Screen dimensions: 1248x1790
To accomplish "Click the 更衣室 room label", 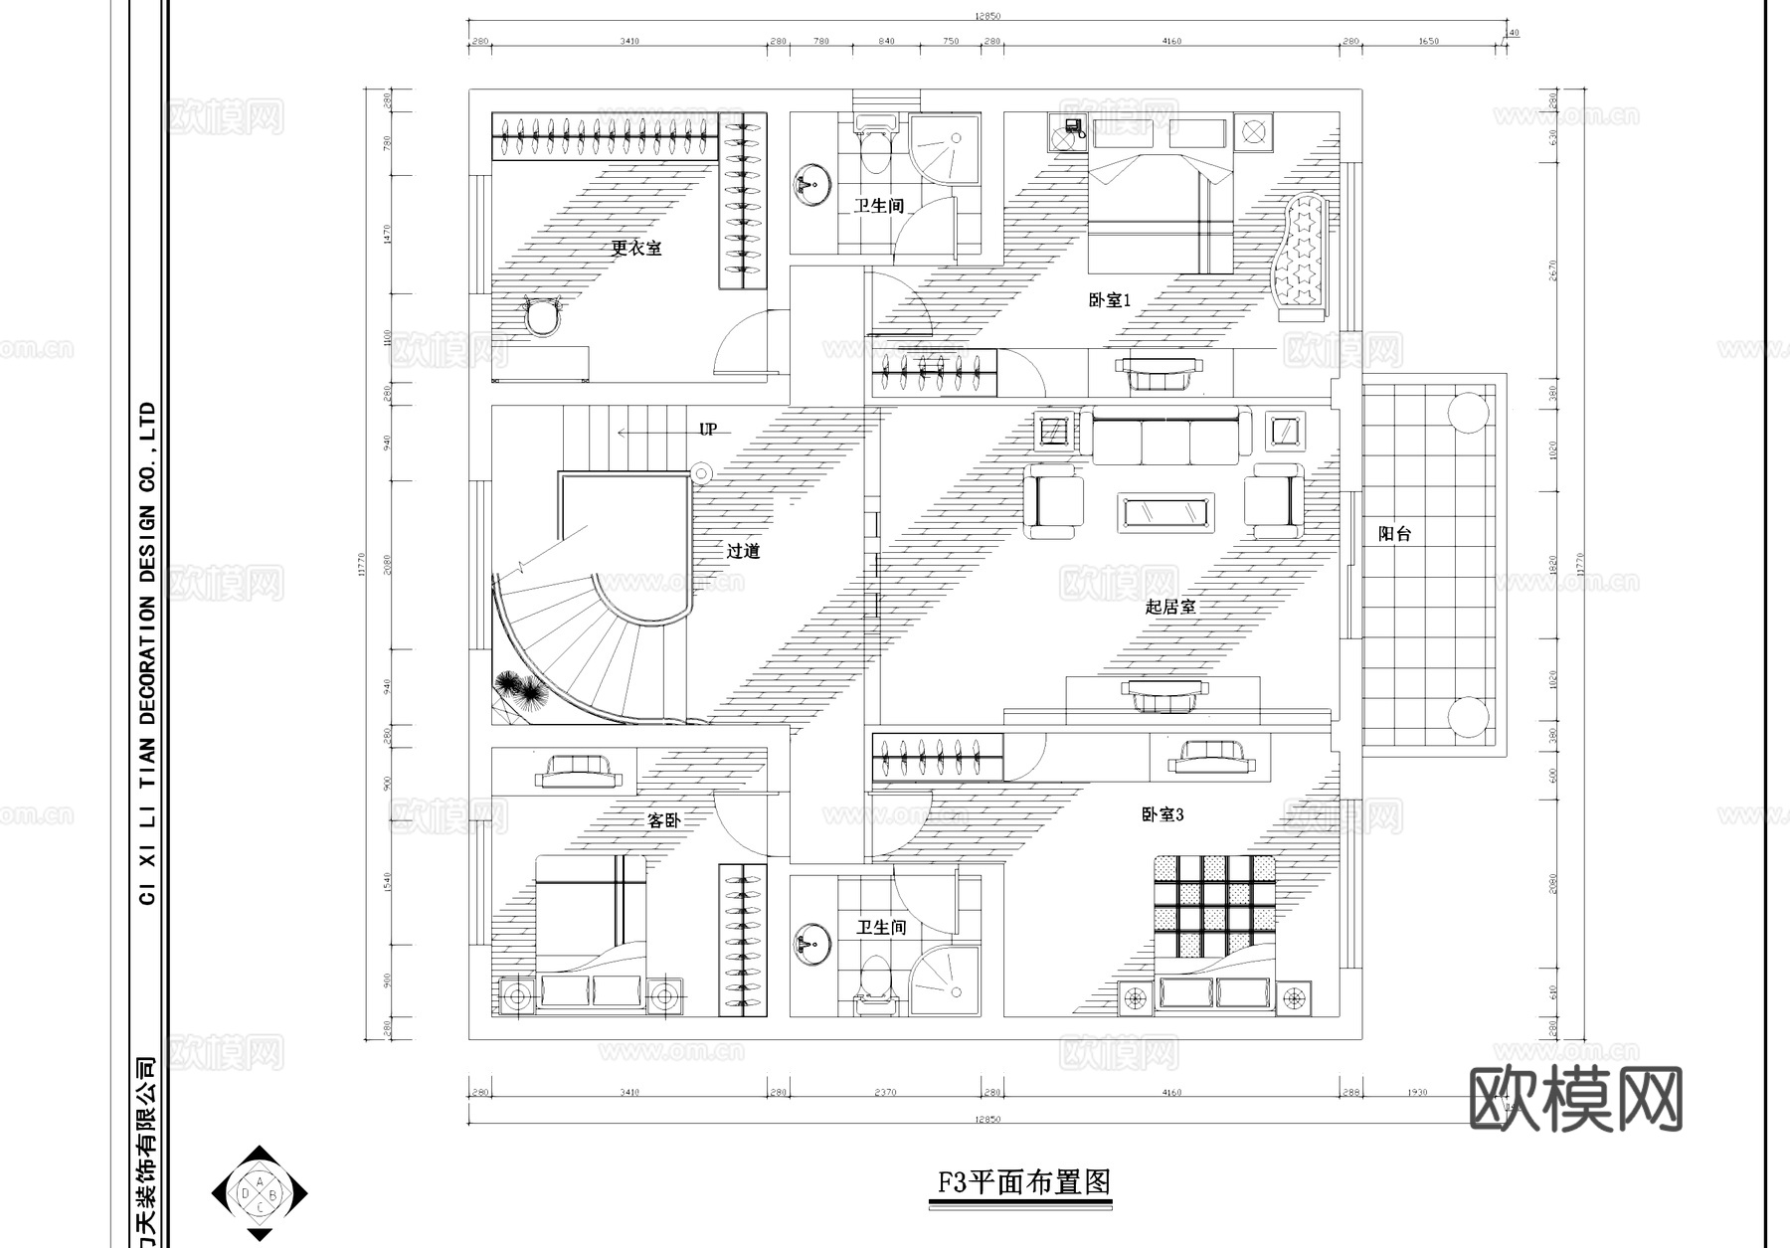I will pyautogui.click(x=635, y=248).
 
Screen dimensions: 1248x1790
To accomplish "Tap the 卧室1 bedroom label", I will pyautogui.click(x=1110, y=299).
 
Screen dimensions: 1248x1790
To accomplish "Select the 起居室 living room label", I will pyautogui.click(x=1169, y=607).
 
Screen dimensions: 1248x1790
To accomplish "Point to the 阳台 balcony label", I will pyautogui.click(x=1394, y=534).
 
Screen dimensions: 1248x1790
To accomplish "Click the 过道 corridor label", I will pyautogui.click(x=743, y=551).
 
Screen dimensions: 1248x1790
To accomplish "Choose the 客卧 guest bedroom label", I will pyautogui.click(x=663, y=820).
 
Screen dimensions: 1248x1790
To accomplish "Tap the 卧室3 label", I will pyautogui.click(x=1163, y=814).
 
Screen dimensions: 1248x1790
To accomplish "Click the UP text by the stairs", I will pyautogui.click(x=707, y=430).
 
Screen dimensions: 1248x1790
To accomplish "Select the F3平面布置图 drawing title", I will pyautogui.click(x=1024, y=1182).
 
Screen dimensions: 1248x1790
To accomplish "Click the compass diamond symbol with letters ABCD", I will pyautogui.click(x=260, y=1192).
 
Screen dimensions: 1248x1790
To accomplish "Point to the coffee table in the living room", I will pyautogui.click(x=1164, y=512).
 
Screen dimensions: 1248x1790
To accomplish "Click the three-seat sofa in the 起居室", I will pyautogui.click(x=1165, y=437).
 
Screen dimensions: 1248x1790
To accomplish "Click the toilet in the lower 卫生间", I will pyautogui.click(x=874, y=980).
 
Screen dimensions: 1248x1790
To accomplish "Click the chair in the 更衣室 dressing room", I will pyautogui.click(x=543, y=317).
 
